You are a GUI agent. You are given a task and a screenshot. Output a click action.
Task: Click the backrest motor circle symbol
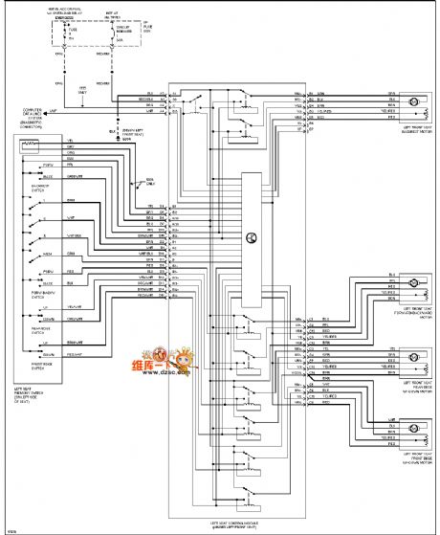[413, 101]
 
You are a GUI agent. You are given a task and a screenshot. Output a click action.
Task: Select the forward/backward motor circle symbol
[413, 284]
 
